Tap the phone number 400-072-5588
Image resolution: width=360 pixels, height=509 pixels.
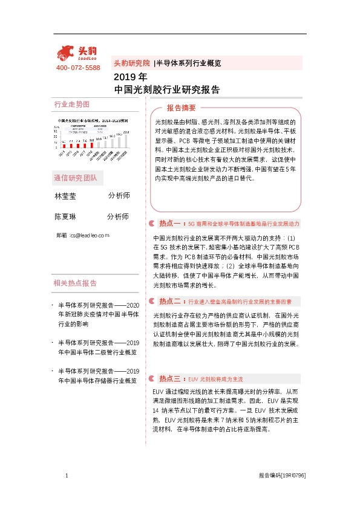pos(77,68)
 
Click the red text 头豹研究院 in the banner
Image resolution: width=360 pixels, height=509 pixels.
pos(131,63)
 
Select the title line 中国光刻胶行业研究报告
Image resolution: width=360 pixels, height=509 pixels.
pos(166,89)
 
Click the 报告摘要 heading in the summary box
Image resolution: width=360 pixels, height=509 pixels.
pos(182,108)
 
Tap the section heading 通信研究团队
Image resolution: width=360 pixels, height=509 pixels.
pos(79,178)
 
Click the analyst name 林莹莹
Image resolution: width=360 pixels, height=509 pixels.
pos(65,196)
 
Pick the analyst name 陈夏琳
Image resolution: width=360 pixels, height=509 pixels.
pos(65,216)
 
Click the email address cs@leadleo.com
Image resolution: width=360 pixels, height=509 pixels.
pos(90,235)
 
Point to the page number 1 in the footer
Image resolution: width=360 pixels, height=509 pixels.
pos(65,476)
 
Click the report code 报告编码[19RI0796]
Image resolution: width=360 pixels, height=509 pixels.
pos(281,476)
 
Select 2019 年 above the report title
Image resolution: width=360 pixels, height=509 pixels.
pos(130,77)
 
